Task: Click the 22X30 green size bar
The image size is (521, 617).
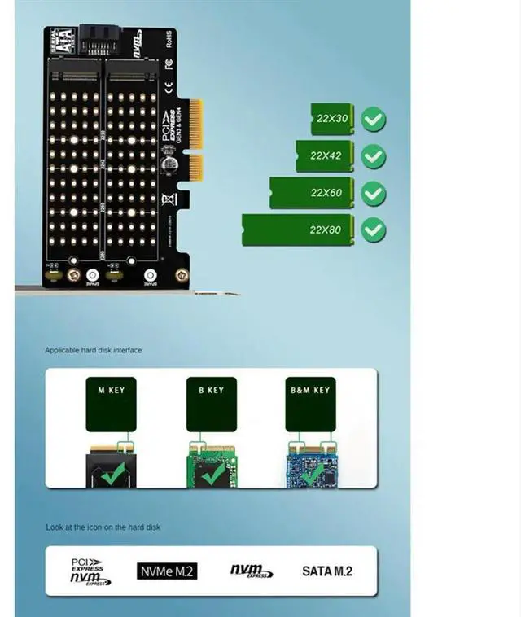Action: point(331,119)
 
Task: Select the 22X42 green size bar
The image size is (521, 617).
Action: point(325,155)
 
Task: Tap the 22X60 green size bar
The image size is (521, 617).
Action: point(312,193)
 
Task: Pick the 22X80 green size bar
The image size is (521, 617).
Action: point(298,230)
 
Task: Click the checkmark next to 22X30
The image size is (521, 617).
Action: point(374,120)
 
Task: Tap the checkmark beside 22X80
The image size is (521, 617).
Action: point(374,230)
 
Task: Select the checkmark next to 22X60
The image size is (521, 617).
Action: point(374,194)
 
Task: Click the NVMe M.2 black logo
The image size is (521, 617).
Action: point(167,571)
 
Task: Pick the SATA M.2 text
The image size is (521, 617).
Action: point(327,571)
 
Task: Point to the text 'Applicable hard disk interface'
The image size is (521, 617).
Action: point(93,350)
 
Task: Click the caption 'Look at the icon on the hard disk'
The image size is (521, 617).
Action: point(103,527)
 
